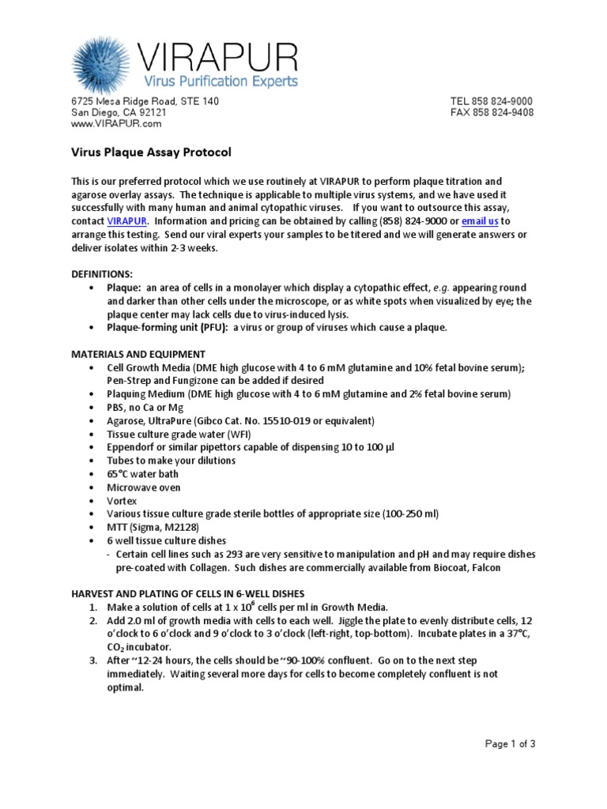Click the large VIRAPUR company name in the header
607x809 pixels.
[x=217, y=58]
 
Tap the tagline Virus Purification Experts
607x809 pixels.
[x=220, y=81]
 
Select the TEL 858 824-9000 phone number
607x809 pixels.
[x=492, y=101]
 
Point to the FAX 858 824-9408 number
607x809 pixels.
[x=492, y=112]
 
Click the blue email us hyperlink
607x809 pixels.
[x=479, y=221]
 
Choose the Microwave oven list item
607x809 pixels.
[x=143, y=487]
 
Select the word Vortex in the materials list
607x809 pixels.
[x=122, y=501]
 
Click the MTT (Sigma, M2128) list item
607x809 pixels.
[x=153, y=527]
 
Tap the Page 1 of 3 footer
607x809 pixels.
[x=510, y=743]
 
